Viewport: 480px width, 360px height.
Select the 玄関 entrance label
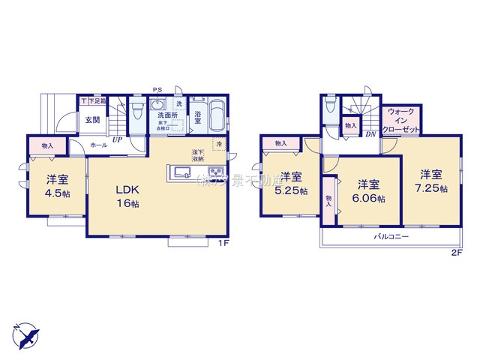(x=91, y=120)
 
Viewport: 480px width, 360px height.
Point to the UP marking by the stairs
(x=117, y=139)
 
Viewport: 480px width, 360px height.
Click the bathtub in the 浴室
(x=214, y=116)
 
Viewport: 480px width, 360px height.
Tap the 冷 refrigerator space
(x=219, y=144)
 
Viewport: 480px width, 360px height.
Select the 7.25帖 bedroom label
(x=433, y=182)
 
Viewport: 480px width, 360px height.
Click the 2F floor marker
(x=456, y=253)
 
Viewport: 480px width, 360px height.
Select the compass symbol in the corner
(x=24, y=333)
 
